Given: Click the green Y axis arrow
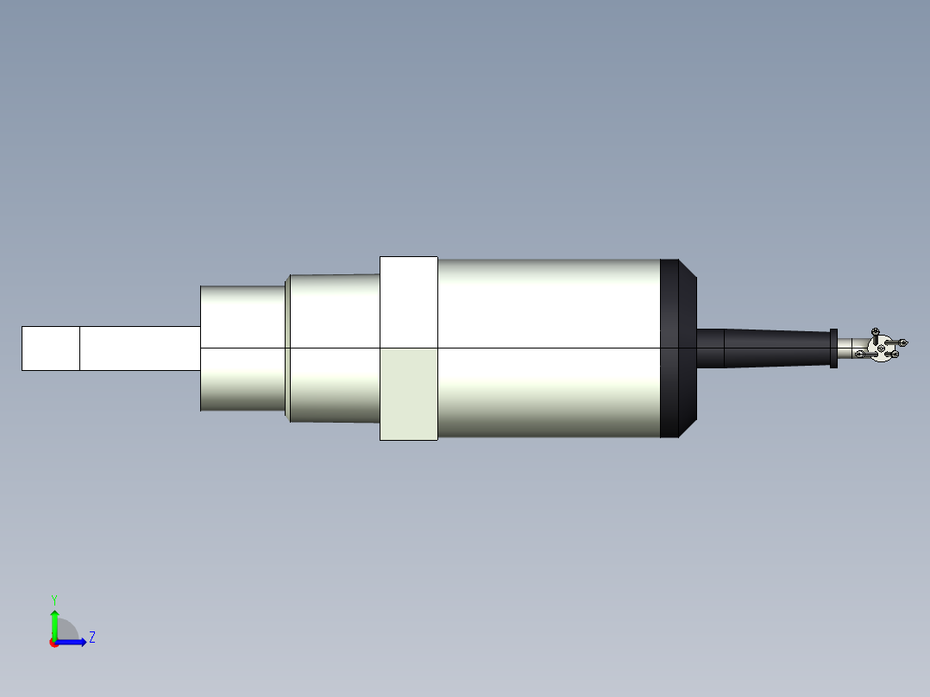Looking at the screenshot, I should tap(54, 622).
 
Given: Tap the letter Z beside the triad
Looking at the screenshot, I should tap(91, 637).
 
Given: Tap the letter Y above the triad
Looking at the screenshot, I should tap(53, 599).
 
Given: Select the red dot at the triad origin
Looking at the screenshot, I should tap(53, 643).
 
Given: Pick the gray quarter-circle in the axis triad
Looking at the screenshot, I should tap(67, 631).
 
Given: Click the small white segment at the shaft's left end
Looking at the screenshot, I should tap(50, 348).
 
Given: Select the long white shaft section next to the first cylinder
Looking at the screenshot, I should tap(140, 348).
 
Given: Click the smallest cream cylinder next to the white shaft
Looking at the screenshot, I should tap(242, 348).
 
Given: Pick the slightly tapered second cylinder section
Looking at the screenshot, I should tap(334, 348).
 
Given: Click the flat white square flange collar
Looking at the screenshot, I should tap(408, 302).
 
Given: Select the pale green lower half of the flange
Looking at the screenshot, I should tap(408, 394).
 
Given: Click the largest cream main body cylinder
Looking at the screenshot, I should tap(548, 348).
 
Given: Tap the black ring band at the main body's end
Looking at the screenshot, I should tap(669, 348).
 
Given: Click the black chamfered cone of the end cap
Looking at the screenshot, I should tap(688, 348).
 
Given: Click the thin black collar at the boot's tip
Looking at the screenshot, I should tap(833, 348).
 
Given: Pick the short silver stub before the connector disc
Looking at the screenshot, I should tap(845, 348).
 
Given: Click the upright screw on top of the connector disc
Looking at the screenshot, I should tap(876, 333).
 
